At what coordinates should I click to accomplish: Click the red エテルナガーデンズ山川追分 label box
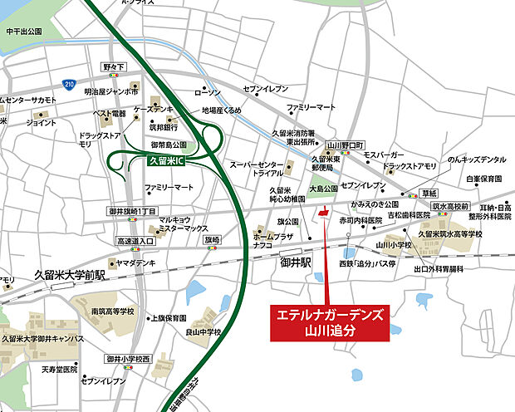click(331, 321)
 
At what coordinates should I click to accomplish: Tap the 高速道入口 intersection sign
click(135, 241)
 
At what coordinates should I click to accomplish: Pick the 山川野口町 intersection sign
click(345, 145)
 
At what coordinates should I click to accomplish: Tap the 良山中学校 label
click(204, 332)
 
